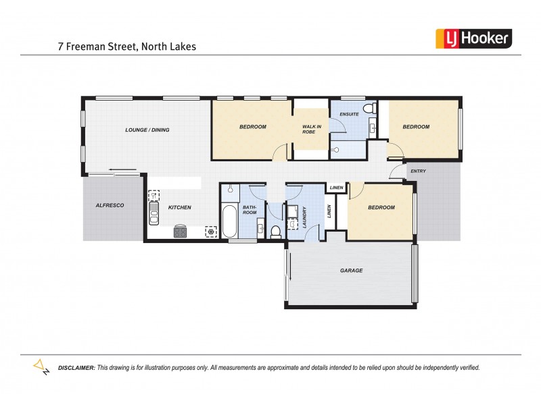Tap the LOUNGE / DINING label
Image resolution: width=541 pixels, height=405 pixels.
point(147,130)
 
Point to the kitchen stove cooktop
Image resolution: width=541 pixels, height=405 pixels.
point(181,232)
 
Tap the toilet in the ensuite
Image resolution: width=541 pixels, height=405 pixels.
point(369,109)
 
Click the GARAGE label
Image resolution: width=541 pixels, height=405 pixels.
point(351,270)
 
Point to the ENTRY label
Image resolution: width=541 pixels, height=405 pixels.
point(418,171)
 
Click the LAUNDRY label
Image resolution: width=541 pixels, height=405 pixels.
point(305,215)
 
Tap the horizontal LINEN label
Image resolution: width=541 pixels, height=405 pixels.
point(335,188)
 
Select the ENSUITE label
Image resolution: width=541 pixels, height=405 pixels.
point(349,114)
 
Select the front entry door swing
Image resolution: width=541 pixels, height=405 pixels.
point(394,173)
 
